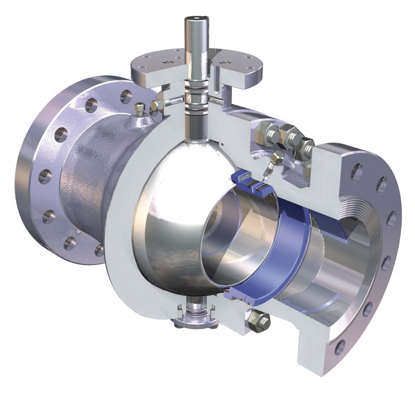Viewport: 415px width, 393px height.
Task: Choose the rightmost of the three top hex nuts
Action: click(307, 146)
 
